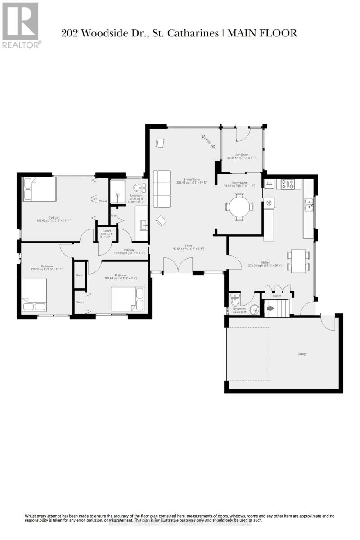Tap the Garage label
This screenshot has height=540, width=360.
point(302,354)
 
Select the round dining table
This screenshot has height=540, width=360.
point(239,207)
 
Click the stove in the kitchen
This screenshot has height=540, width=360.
point(288,184)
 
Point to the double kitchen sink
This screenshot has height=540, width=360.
point(309,205)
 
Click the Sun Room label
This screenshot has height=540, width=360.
point(242,155)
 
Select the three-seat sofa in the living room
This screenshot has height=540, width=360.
point(162,189)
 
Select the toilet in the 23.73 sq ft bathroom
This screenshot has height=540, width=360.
point(235,300)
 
